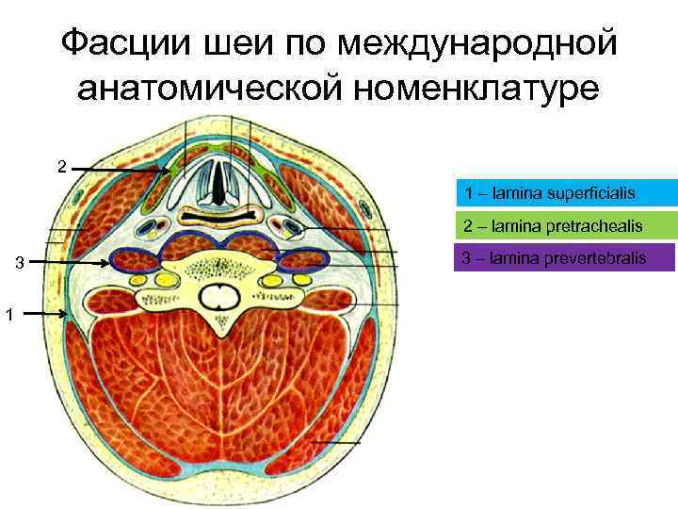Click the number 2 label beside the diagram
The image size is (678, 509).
pyautogui.click(x=61, y=168)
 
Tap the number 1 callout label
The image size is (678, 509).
pyautogui.click(x=8, y=315)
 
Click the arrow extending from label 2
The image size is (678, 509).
pyautogui.click(x=122, y=171)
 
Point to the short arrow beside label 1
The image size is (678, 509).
pyautogui.click(x=45, y=315)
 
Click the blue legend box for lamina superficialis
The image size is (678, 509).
pyautogui.click(x=565, y=193)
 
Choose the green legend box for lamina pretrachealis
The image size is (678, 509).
pyautogui.click(x=565, y=225)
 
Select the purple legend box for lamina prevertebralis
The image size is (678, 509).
pyautogui.click(x=565, y=257)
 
